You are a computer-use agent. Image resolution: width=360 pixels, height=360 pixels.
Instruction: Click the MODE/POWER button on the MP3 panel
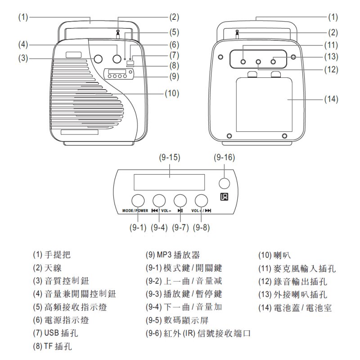(x=138, y=200)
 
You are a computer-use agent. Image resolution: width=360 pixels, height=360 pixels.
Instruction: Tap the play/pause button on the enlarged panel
(x=180, y=200)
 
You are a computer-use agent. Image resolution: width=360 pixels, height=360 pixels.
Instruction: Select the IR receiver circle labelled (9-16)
(x=224, y=183)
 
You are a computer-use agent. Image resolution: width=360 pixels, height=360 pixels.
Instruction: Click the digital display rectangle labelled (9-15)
(x=169, y=182)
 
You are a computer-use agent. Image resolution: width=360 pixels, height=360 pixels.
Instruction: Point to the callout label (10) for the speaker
(x=172, y=94)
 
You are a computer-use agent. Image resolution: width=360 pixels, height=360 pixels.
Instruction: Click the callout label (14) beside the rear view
(x=331, y=99)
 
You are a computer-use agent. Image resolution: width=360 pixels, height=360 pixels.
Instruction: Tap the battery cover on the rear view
(x=264, y=105)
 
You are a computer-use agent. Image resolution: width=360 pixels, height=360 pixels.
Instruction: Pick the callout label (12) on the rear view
(x=331, y=69)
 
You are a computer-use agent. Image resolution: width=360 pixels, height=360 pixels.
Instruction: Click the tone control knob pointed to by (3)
(x=98, y=59)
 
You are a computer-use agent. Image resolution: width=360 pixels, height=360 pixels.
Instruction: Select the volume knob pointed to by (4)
(x=117, y=59)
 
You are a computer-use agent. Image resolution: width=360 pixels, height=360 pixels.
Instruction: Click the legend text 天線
(x=53, y=268)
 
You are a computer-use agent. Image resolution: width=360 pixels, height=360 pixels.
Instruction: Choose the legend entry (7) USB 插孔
(x=55, y=333)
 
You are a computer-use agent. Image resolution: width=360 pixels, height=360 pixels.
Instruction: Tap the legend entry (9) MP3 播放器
(x=173, y=255)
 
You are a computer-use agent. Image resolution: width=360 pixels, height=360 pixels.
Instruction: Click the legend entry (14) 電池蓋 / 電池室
(x=295, y=308)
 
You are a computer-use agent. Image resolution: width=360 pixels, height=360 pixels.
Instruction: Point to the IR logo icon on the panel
(x=224, y=197)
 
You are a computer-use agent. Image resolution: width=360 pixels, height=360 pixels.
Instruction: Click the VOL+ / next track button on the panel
(x=201, y=200)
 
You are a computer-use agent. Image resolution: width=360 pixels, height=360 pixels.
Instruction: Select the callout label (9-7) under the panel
(x=180, y=228)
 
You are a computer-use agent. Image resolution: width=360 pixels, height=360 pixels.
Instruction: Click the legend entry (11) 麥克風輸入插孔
(x=297, y=268)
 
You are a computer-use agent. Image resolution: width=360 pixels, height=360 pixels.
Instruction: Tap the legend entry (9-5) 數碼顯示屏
(x=177, y=320)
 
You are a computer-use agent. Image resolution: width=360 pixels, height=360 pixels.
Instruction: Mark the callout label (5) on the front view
(x=174, y=32)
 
